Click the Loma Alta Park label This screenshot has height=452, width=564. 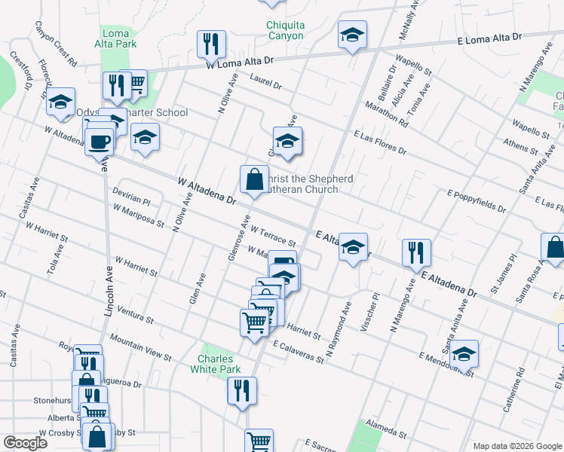pos(119,38)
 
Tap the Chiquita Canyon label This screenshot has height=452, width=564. pos(285,30)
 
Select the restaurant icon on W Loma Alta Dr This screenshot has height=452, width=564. pos(211,44)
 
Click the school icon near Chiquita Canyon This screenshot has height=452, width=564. pos(351,36)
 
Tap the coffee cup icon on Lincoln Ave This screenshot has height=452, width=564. pos(99,141)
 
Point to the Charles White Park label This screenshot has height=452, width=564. pos(219,364)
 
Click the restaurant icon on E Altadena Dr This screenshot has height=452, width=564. pos(415,252)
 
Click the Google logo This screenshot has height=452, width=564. pos(25,443)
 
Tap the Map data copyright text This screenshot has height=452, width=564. pos(516,446)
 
